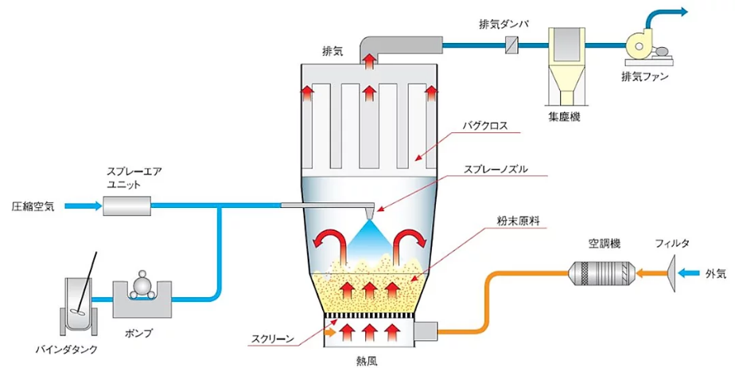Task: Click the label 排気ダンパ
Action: point(504,24)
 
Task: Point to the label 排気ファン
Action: point(645,77)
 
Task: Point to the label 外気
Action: point(715,274)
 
